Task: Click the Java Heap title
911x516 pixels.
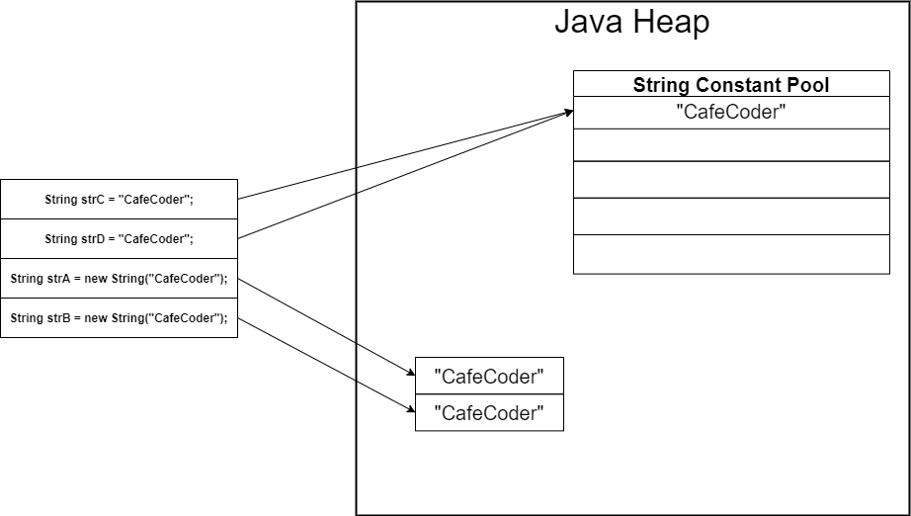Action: coord(631,22)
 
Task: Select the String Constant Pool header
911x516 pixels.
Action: coord(731,84)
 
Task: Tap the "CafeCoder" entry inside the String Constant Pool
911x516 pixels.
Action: coord(731,112)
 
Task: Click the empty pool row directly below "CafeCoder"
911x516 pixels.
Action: coord(731,144)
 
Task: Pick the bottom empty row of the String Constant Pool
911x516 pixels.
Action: coord(731,254)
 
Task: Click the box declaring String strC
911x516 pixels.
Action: coord(119,199)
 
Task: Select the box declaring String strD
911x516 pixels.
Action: coord(119,238)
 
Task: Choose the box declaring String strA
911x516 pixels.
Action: coord(119,278)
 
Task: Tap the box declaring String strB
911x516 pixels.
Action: coord(119,317)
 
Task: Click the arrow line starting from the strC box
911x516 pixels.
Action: coord(395,157)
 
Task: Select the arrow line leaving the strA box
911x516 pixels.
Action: coord(326,327)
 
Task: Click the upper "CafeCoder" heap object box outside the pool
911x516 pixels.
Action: coord(489,376)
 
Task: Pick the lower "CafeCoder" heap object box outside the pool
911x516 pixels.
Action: coord(489,412)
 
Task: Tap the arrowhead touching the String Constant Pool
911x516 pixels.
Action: coord(567,113)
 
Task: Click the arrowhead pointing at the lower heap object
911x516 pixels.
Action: coord(409,410)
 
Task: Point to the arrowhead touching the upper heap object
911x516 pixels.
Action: coord(409,373)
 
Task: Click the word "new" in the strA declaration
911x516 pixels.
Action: coord(96,279)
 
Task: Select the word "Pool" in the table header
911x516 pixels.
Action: coord(807,84)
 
